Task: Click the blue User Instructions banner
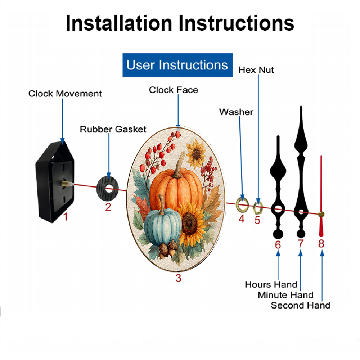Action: point(177,65)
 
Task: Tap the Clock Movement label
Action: point(65,94)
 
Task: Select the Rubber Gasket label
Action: point(113,129)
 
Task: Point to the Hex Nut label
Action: point(256,70)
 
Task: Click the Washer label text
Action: point(236,112)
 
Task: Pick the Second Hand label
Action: point(301,305)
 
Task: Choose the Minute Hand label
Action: point(285,295)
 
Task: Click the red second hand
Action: point(321,196)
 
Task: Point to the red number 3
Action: point(179,278)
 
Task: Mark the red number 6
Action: point(278,245)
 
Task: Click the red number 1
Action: point(66,217)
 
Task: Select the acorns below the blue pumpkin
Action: point(168,249)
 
